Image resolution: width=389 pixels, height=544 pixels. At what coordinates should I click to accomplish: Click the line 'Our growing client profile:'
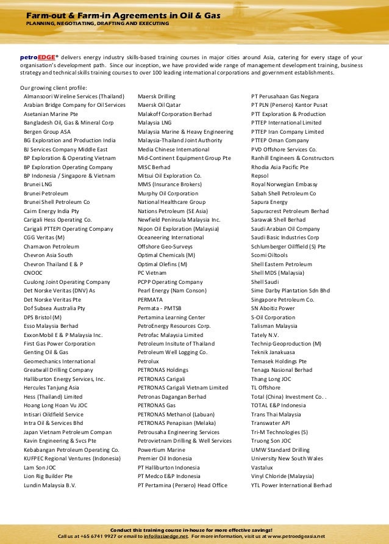[54, 87]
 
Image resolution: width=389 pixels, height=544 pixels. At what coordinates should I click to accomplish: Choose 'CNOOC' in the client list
[33, 273]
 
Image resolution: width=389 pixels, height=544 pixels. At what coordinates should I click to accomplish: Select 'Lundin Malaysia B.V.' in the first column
[49, 485]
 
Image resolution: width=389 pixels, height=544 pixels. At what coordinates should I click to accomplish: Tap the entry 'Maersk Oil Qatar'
[160, 105]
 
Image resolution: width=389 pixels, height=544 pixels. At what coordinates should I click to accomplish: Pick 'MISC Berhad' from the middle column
[154, 167]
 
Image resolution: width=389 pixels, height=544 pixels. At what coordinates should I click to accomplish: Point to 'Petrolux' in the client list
[148, 361]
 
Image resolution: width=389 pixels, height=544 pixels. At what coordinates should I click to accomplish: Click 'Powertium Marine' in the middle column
[162, 450]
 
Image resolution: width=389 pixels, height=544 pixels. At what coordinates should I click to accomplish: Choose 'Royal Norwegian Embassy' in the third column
[284, 184]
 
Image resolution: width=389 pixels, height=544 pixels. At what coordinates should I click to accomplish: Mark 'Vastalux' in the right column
[263, 468]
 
